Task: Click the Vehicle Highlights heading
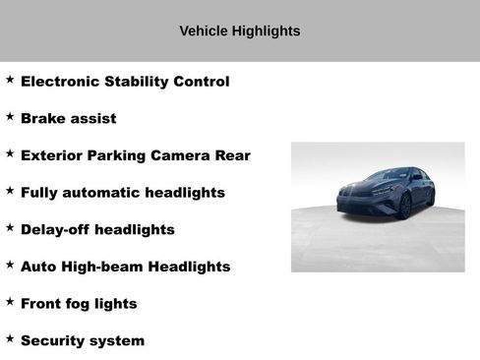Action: (240, 31)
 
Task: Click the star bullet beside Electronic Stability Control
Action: (10, 79)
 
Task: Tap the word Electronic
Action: (62, 82)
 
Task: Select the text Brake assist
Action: (69, 119)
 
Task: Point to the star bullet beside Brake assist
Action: (10, 116)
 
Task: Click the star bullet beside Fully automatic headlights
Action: (10, 190)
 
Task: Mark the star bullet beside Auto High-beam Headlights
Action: (10, 264)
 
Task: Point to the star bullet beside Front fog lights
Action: (10, 301)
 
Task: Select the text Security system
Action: (83, 341)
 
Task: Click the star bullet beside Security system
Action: (10, 337)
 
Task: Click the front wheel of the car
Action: (403, 206)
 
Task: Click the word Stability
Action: (139, 82)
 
